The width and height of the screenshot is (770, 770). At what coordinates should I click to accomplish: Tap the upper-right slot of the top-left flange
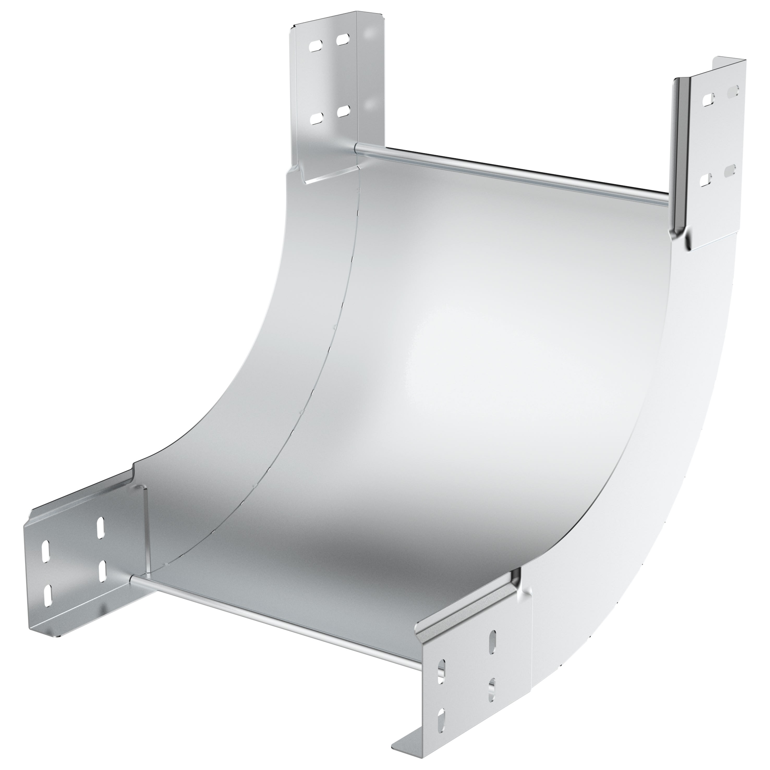(x=342, y=39)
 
